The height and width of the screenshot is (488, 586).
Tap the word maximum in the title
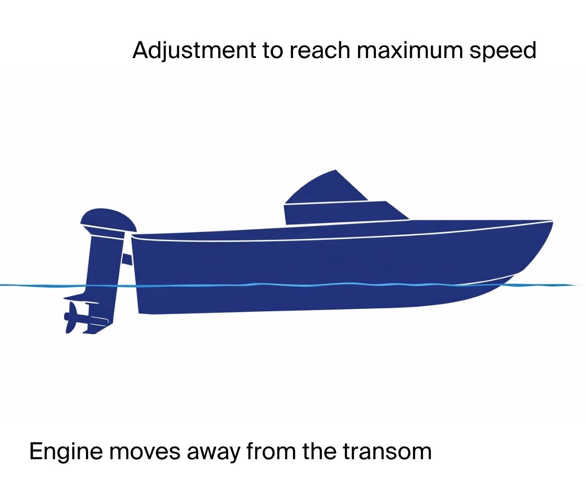click(410, 50)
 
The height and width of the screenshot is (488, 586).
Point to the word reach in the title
click(320, 50)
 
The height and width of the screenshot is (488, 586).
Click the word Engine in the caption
click(65, 452)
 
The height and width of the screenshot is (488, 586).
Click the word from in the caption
click(271, 451)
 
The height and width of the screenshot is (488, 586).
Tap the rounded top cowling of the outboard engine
click(108, 221)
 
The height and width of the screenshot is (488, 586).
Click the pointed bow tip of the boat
click(552, 221)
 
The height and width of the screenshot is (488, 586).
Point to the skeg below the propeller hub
click(95, 329)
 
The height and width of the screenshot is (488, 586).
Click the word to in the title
click(272, 51)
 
